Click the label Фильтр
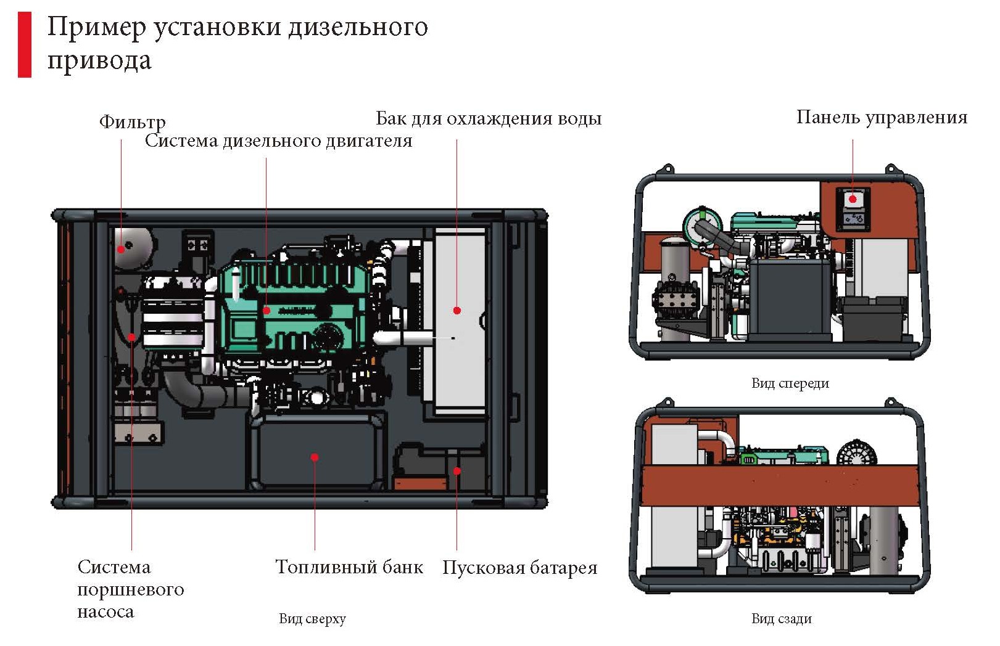[132, 121]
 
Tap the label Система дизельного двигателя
[278, 141]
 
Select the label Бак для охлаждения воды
[489, 118]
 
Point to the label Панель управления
[882, 117]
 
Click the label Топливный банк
[349, 566]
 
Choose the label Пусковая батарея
[519, 567]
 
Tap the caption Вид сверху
[312, 618]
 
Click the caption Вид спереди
[790, 383]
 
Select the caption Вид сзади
[781, 618]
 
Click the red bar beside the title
[25, 44]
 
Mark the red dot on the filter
[121, 249]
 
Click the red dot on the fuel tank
[315, 457]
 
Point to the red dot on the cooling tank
[457, 310]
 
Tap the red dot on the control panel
[853, 199]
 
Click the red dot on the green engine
[267, 310]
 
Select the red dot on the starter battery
[457, 471]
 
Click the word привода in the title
[99, 60]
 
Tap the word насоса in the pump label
[105, 611]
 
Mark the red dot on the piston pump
[132, 337]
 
